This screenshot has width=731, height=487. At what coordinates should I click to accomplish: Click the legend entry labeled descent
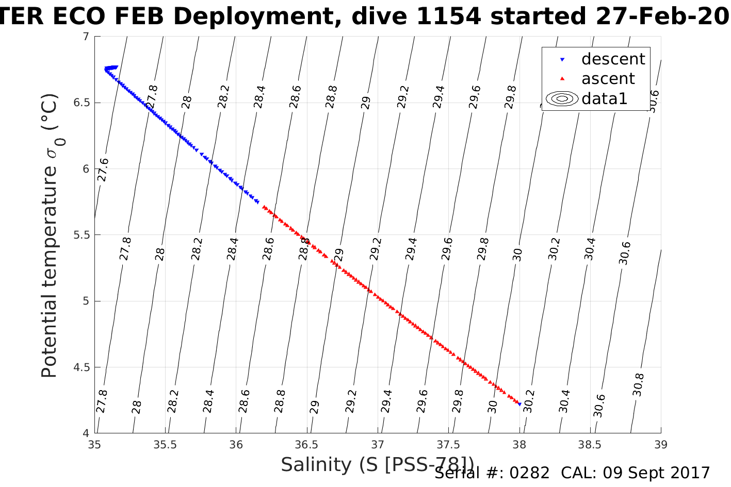click(x=612, y=59)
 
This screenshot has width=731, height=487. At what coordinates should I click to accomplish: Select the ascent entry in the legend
click(x=608, y=79)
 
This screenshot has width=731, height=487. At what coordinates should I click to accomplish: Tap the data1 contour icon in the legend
click(x=562, y=98)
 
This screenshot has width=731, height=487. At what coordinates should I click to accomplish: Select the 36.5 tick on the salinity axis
click(x=307, y=444)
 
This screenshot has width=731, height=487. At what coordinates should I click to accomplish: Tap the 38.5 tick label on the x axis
click(x=590, y=444)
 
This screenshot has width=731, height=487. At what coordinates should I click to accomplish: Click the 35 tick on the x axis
click(x=94, y=444)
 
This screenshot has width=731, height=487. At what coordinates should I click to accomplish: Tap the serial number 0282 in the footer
click(x=530, y=473)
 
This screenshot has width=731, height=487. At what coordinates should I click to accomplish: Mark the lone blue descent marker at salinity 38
click(x=519, y=404)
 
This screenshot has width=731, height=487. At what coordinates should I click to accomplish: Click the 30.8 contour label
click(x=639, y=384)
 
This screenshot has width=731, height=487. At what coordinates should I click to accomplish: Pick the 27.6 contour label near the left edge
click(x=103, y=170)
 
